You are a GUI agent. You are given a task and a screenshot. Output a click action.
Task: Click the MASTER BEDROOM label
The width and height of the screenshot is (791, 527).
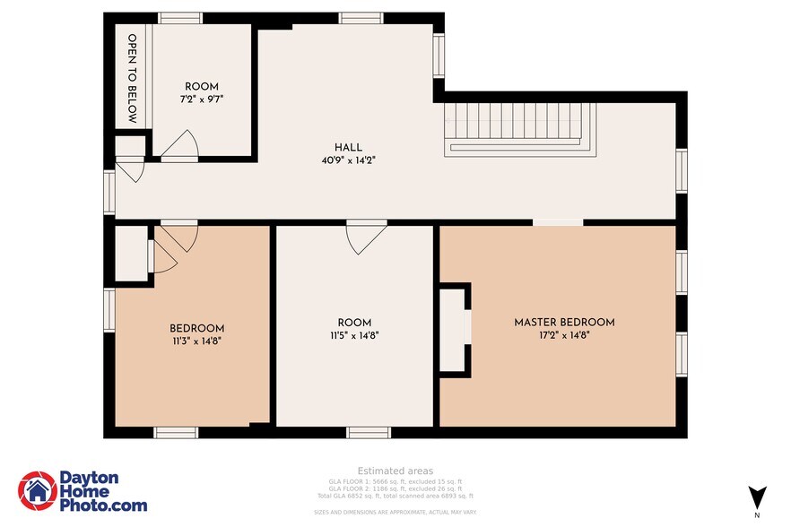coord(564,323)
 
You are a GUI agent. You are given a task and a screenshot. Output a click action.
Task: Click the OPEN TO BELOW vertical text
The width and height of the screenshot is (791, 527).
coord(132,78)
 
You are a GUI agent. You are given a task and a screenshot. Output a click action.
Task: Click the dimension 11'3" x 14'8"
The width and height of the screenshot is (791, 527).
coord(197,341)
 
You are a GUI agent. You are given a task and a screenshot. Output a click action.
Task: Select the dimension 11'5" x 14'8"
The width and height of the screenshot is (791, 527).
coord(354,337)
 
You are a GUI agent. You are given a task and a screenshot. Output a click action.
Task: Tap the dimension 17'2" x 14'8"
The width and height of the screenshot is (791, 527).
coord(564,336)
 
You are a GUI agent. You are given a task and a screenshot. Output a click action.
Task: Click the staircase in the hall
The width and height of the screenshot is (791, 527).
coord(520,128)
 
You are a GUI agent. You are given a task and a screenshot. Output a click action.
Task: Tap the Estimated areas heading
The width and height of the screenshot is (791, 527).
coord(395,471)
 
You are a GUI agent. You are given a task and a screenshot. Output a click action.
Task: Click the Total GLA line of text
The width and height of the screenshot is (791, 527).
coord(395,496)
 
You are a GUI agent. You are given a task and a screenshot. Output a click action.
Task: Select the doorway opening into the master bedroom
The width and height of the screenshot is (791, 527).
coord(557,221)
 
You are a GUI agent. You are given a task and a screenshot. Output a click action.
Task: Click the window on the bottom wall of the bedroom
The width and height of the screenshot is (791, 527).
coord(176,433)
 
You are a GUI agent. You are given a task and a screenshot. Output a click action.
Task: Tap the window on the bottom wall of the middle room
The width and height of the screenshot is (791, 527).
coord(369,433)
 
